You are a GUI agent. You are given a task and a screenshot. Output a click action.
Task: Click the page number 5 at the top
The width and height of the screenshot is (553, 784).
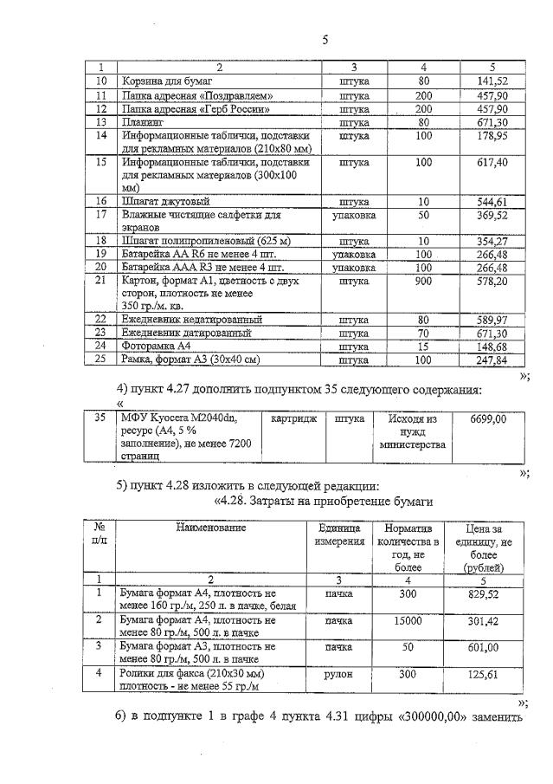325,40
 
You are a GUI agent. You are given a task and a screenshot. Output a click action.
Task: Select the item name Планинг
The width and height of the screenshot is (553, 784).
145,123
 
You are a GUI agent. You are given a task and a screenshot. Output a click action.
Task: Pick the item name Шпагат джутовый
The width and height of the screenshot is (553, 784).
166,201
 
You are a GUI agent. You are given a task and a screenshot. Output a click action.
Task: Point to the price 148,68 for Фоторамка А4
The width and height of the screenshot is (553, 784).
491,346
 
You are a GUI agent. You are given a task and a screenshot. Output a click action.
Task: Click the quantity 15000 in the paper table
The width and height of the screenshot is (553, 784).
408,621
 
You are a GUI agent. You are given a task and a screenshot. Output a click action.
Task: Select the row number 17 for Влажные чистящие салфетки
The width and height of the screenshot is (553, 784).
100,214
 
